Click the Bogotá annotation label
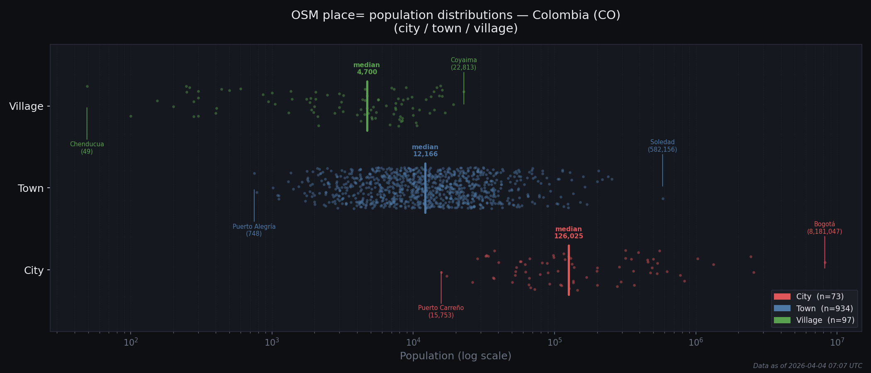click(x=824, y=228)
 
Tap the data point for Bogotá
click(x=825, y=262)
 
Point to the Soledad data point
click(x=662, y=199)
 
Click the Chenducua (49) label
click(x=87, y=148)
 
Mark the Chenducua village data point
click(x=87, y=86)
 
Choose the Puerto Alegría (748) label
click(x=254, y=230)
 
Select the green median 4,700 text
click(x=367, y=68)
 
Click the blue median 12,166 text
click(x=425, y=150)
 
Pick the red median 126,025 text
click(x=568, y=233)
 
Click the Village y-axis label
click(x=26, y=107)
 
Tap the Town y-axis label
click(x=31, y=189)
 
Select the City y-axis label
click(x=34, y=271)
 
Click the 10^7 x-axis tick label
click(x=837, y=342)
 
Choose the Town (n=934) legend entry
click(x=813, y=308)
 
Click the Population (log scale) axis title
click(x=455, y=356)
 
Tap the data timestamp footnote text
click(x=807, y=366)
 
